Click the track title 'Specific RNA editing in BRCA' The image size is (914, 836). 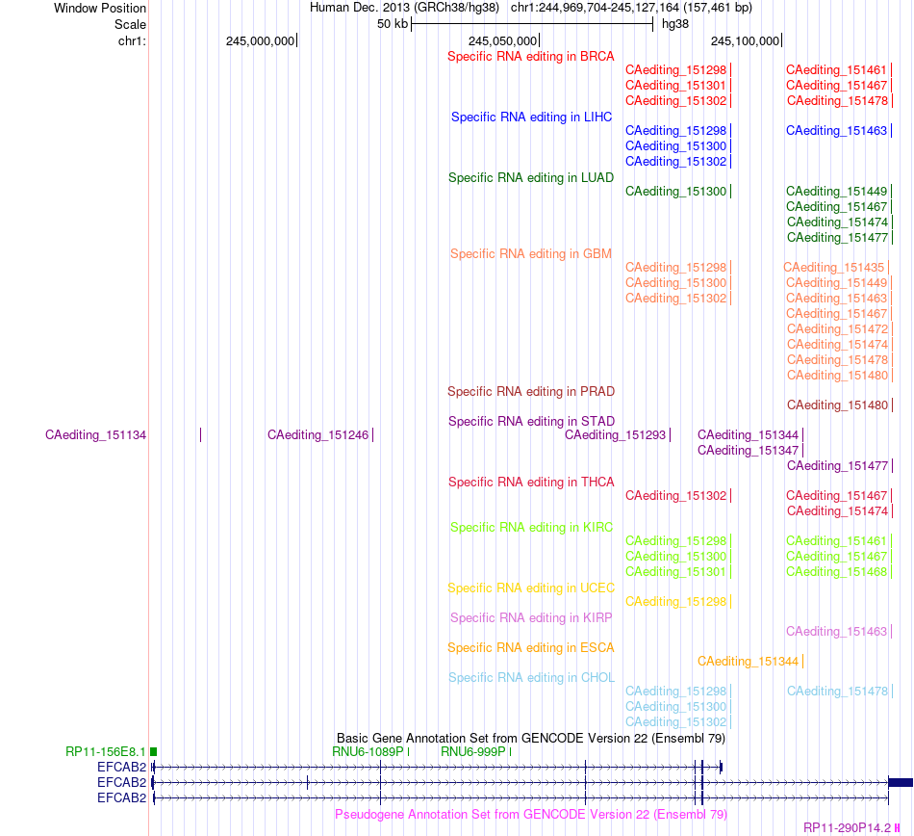[x=530, y=57]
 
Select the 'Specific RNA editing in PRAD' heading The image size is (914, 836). [x=531, y=391]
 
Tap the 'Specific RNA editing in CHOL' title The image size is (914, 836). [x=531, y=677]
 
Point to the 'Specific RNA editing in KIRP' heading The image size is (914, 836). [x=531, y=617]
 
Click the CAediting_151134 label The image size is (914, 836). [x=95, y=435]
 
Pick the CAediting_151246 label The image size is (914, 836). [x=317, y=435]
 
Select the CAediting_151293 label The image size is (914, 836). [x=615, y=435]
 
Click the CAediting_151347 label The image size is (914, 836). [x=748, y=451]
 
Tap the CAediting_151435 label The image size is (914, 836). [x=833, y=267]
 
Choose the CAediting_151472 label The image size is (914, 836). [x=837, y=329]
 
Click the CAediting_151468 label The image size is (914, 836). [x=836, y=572]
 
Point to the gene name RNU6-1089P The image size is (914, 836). [x=368, y=752]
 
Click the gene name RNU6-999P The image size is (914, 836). [x=472, y=752]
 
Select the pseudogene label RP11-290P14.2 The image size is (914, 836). [x=847, y=828]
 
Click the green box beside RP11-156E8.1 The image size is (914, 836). [x=153, y=752]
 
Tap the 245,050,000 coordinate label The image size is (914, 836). [x=502, y=40]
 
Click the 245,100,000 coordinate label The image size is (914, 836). [x=745, y=40]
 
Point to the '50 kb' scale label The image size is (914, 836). [x=393, y=24]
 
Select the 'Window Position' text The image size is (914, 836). [x=100, y=8]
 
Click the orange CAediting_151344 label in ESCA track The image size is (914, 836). [x=748, y=662]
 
